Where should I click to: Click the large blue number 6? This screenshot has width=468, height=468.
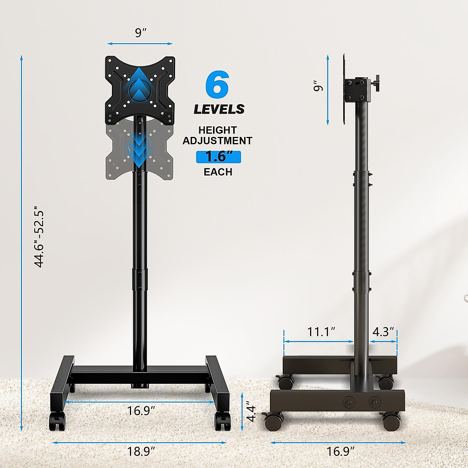point(217,84)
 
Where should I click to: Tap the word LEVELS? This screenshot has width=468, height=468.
point(219,109)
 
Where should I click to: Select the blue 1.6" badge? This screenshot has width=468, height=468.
point(218,157)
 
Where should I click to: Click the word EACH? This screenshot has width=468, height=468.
point(218,172)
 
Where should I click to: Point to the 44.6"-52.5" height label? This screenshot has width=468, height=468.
point(39,239)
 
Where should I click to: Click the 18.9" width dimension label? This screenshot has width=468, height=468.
point(141,452)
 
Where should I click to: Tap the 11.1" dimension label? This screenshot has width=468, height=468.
point(321,332)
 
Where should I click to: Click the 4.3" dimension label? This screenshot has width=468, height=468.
point(383,332)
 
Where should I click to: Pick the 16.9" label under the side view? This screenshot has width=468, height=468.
point(340,452)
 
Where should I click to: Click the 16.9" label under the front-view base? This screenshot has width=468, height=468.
point(141,411)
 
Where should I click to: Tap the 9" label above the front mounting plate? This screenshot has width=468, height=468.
point(140,33)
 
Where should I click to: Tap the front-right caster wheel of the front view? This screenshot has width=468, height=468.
point(222,421)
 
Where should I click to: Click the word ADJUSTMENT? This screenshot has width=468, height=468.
point(218,141)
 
